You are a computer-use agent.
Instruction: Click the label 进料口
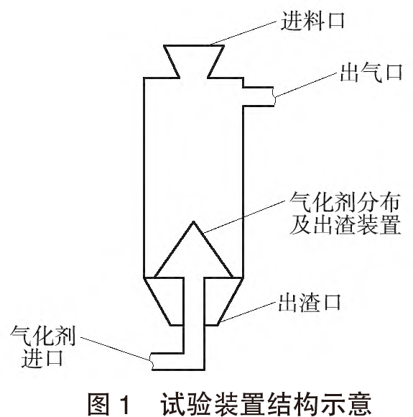pos(312,21)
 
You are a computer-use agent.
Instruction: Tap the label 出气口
pos(371,73)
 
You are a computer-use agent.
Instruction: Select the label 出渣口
pos(310,303)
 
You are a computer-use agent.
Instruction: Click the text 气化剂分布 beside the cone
pos(345,203)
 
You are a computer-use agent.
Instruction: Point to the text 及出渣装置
pos(345,225)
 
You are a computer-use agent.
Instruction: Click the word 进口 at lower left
pos(42,358)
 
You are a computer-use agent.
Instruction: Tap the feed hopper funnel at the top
pos(194,61)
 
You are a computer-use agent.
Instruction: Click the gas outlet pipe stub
pos(259,96)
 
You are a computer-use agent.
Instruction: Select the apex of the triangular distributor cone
pos(194,221)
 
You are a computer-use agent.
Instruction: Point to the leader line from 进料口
pos(243,33)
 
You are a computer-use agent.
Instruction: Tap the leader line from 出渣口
pos(247,312)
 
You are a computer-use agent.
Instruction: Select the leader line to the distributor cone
pos(243,216)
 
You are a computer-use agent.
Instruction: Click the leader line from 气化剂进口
pos(116,349)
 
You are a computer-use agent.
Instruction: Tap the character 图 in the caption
pos(99,405)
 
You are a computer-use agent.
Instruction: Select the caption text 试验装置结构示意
pos(266,405)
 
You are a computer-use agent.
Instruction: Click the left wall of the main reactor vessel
pos(144,178)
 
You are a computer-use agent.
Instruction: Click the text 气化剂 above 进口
pos(42,336)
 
